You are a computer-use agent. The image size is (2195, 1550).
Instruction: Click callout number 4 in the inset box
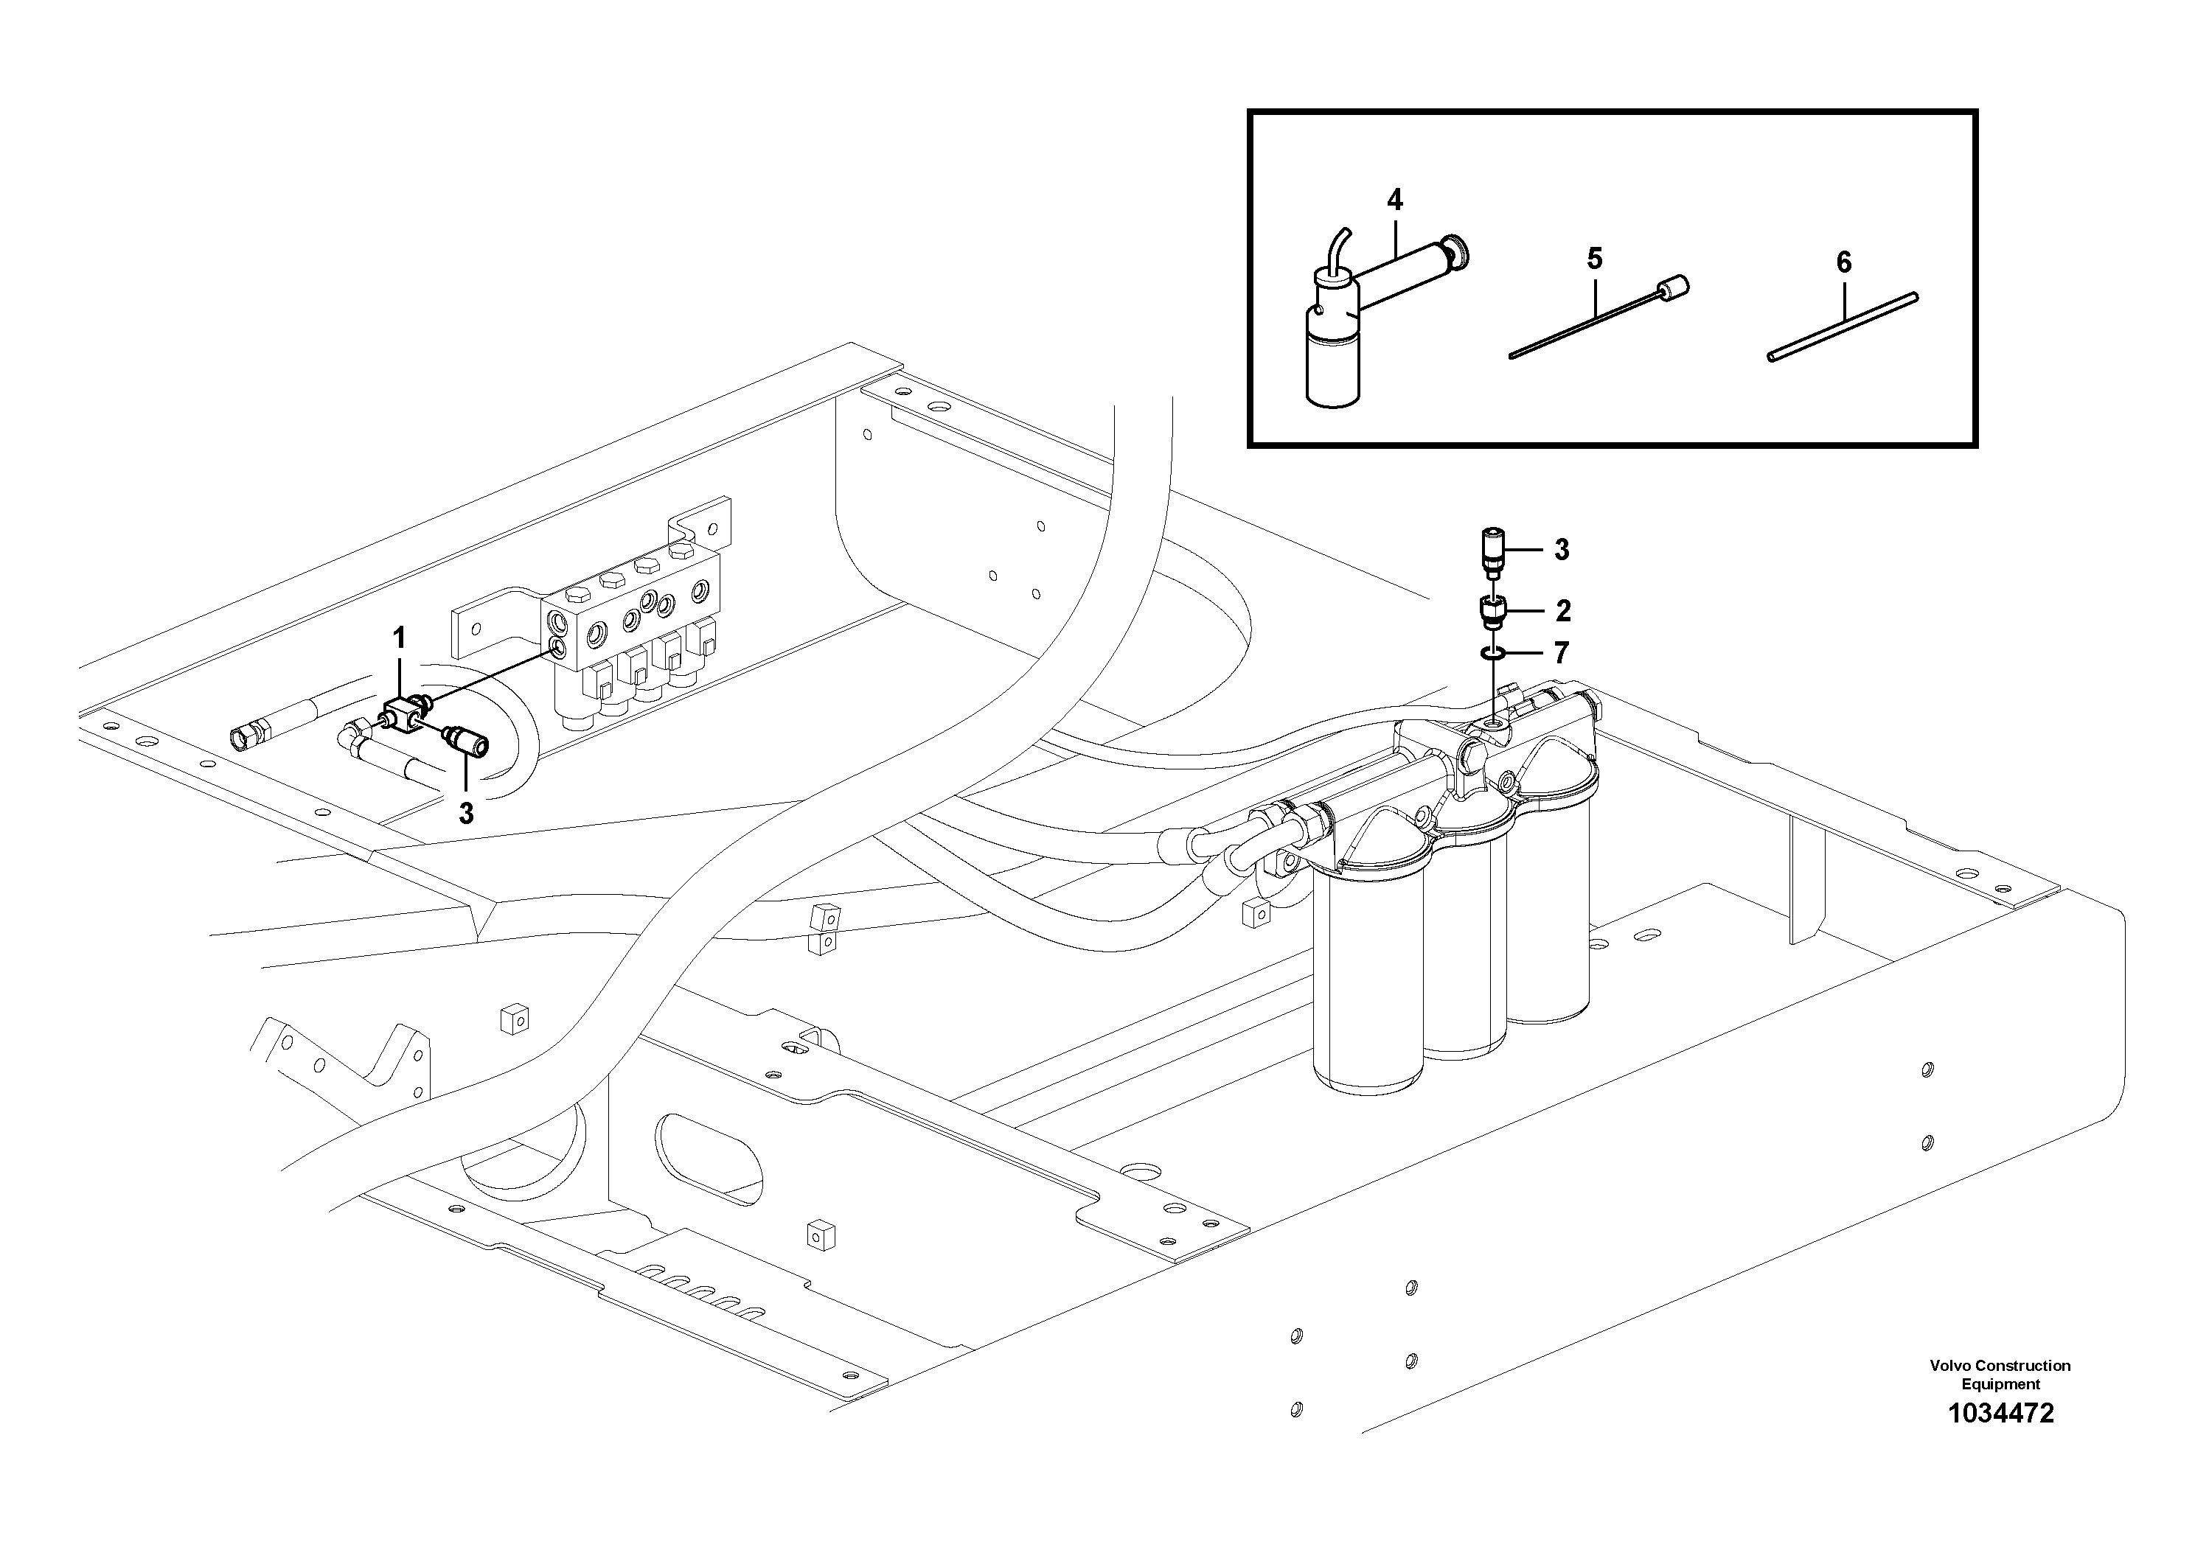[1395, 200]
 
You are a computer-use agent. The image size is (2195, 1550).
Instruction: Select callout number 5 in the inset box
[1593, 259]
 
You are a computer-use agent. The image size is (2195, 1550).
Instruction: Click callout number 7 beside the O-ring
[1561, 653]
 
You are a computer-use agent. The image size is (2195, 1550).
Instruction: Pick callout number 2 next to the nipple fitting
[1563, 610]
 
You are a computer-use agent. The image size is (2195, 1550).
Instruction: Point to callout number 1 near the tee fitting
[400, 638]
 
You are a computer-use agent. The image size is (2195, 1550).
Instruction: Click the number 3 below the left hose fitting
[465, 813]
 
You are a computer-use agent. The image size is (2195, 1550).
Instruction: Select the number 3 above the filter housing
[1561, 550]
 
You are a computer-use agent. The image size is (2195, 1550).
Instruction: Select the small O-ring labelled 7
[1490, 654]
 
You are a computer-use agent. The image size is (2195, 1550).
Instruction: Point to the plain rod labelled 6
[1840, 327]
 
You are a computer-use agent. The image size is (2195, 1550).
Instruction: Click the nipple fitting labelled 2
[1492, 610]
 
